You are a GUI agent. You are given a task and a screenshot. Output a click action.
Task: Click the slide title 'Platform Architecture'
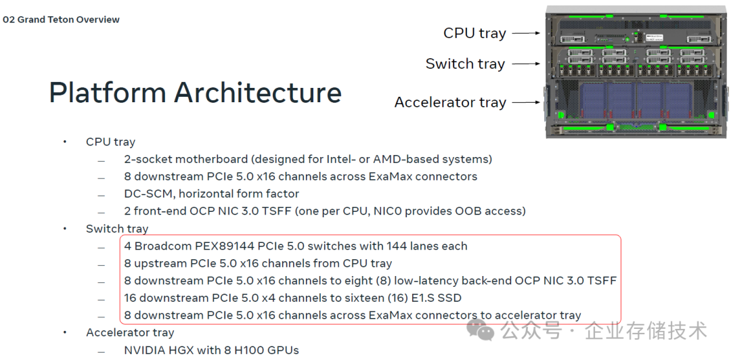coord(196,92)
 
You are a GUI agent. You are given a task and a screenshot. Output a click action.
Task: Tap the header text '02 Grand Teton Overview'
coord(61,20)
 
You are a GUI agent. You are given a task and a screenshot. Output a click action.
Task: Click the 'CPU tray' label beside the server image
coord(474,33)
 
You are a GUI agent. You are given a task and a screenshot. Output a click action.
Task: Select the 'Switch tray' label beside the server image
coord(465,64)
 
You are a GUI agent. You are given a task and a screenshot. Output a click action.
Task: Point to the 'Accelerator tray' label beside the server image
coord(450,102)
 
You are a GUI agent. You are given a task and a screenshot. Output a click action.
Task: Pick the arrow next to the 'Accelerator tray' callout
coord(527,103)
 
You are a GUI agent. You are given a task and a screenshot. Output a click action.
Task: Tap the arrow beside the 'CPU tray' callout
coord(527,33)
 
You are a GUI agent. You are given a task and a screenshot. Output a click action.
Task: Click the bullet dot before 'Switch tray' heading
coord(65,229)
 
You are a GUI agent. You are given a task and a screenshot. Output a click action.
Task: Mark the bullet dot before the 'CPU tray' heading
coord(65,141)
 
